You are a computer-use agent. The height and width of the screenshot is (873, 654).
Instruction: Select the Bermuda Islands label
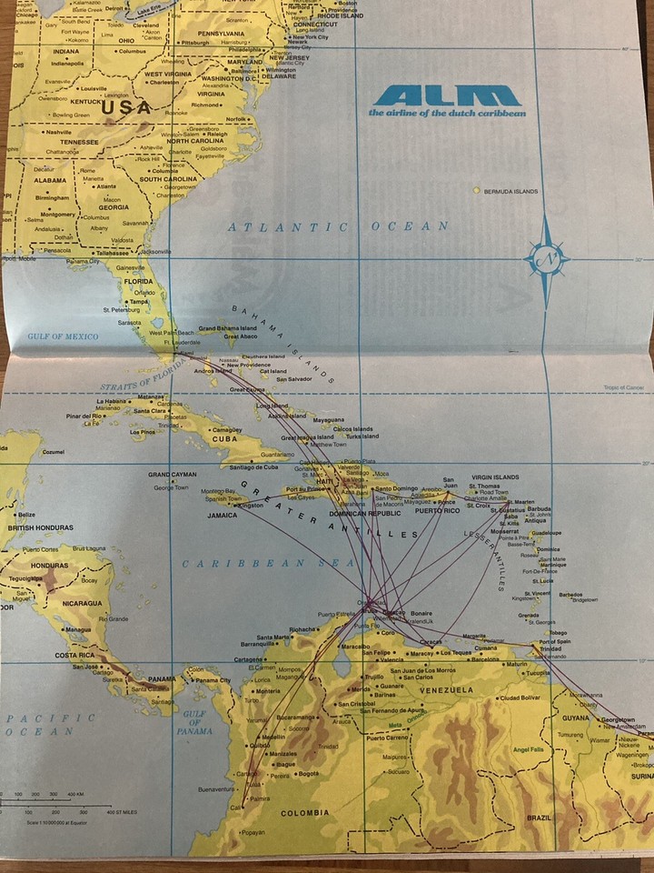point(510,191)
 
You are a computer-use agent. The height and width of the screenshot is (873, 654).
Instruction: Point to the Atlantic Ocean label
point(338,226)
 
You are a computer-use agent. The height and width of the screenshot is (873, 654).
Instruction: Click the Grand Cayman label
point(173,475)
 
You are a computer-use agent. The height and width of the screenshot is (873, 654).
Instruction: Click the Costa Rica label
point(76,655)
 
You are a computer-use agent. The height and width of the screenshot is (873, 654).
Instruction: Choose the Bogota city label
point(308,774)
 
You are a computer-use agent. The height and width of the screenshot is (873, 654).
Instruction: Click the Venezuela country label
point(446,690)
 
